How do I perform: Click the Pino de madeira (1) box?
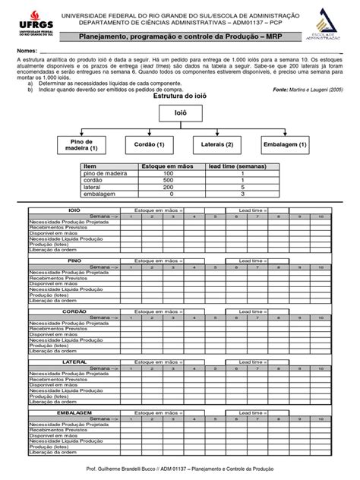86,145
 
